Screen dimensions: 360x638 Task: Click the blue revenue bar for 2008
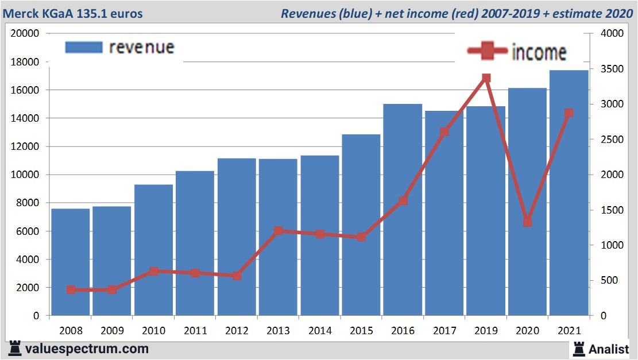tap(71, 262)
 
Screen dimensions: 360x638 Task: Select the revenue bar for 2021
tap(569, 193)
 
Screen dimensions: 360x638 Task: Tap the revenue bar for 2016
tap(403, 210)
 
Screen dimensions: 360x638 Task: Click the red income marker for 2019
tap(486, 78)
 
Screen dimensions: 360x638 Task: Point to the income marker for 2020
tap(527, 222)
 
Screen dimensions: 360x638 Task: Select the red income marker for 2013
tap(279, 231)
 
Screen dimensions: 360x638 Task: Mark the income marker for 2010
tap(154, 272)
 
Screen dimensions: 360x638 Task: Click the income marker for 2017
tap(444, 132)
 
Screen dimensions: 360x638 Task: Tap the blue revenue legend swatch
tap(84, 47)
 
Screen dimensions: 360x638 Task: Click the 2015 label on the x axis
tap(361, 331)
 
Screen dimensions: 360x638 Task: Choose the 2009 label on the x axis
tap(113, 331)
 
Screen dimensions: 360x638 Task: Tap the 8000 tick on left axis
tap(27, 203)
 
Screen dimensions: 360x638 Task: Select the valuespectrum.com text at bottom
tap(86, 349)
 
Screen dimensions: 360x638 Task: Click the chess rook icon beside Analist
tap(578, 349)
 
